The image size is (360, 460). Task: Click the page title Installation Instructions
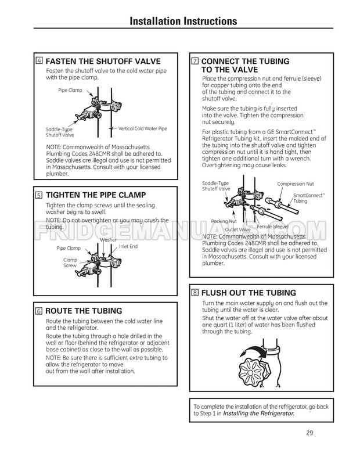click(x=183, y=21)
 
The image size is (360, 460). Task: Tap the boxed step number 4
click(x=39, y=61)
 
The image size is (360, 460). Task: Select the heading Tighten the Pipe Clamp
click(x=95, y=195)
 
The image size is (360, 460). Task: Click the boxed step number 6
click(x=39, y=311)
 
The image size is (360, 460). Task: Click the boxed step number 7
click(x=195, y=61)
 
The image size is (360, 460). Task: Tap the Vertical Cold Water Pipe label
click(x=142, y=128)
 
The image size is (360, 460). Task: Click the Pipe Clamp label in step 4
click(x=70, y=91)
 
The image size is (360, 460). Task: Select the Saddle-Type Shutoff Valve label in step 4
click(x=59, y=132)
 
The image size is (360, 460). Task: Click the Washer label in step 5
click(x=109, y=240)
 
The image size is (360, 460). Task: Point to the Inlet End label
click(x=128, y=246)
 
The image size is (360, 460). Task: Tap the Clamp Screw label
click(x=70, y=263)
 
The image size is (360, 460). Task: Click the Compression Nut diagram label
click(x=295, y=184)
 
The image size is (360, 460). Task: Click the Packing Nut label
click(x=224, y=221)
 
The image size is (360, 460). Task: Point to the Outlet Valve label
click(x=237, y=229)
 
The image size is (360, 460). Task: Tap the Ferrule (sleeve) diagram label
click(x=273, y=226)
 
